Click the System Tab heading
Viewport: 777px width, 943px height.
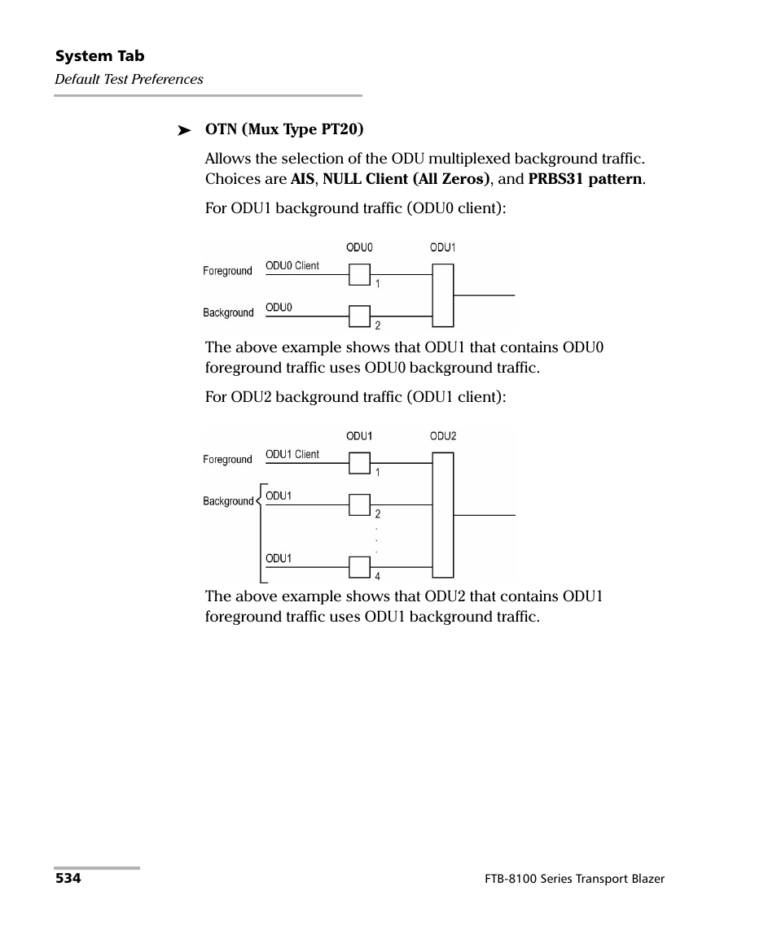[x=99, y=56]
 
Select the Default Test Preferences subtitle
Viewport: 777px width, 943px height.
[x=129, y=79]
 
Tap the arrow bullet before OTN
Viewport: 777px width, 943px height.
[x=184, y=130]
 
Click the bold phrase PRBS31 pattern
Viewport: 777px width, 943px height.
[x=586, y=179]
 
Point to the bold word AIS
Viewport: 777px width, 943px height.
[x=302, y=179]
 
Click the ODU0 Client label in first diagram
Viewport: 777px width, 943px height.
[x=292, y=266]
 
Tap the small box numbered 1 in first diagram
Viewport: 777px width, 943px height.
[x=359, y=275]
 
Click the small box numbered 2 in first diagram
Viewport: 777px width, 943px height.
[x=359, y=316]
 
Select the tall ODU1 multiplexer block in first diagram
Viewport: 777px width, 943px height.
[x=443, y=295]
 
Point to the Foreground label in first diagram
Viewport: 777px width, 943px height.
[x=227, y=271]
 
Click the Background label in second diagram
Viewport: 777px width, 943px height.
[x=228, y=501]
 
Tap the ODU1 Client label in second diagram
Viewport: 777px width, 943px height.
[x=292, y=455]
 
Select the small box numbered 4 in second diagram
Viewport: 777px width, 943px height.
[x=359, y=566]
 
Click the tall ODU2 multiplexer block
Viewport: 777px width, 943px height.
[x=443, y=514]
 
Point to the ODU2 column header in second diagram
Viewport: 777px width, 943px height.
[x=443, y=436]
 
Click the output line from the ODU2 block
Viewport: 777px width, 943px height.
[x=485, y=515]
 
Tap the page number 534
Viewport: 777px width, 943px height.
[x=68, y=879]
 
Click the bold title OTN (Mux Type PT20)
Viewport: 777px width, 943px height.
[x=284, y=129]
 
